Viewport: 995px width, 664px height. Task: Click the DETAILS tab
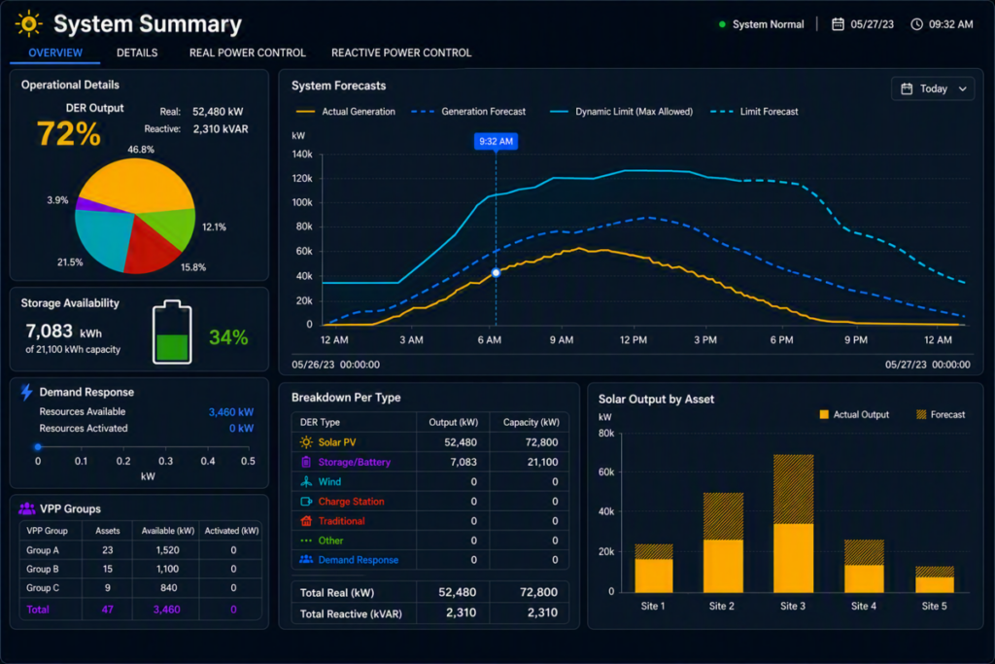tap(137, 52)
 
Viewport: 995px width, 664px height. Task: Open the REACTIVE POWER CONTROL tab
tap(401, 52)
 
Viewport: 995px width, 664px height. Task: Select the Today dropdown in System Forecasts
tap(933, 88)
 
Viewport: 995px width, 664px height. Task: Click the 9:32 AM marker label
tap(496, 141)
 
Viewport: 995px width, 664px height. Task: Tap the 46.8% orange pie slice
tap(136, 184)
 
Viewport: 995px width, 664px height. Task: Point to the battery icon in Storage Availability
tap(172, 332)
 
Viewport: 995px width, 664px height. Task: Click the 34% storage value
tap(228, 337)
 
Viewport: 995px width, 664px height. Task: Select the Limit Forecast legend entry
tap(754, 112)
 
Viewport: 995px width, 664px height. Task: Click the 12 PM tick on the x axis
tap(634, 340)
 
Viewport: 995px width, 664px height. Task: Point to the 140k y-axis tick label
tap(302, 155)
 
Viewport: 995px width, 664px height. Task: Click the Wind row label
tap(329, 482)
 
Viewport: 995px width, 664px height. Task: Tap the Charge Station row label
tap(351, 502)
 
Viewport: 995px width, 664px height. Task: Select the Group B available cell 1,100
tap(167, 569)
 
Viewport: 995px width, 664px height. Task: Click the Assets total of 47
tap(107, 610)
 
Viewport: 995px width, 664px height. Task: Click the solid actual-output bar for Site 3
tap(793, 558)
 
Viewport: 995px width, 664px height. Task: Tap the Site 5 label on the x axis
tap(934, 607)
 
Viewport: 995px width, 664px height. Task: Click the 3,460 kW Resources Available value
tap(231, 412)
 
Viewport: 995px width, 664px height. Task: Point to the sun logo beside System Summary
tap(28, 24)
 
